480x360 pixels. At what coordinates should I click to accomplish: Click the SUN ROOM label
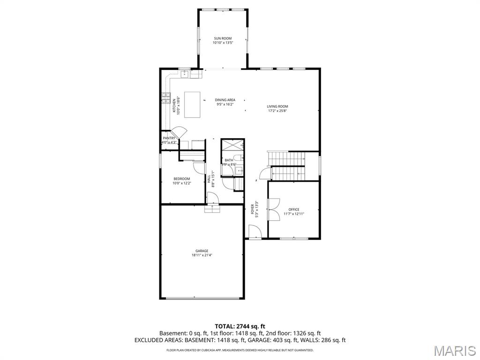click(x=223, y=38)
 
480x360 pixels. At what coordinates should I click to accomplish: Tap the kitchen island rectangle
click(x=192, y=105)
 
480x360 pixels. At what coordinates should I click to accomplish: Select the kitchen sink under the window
click(x=185, y=74)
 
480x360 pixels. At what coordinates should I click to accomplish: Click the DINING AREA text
click(x=225, y=100)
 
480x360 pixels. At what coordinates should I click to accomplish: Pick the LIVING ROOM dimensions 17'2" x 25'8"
click(x=277, y=111)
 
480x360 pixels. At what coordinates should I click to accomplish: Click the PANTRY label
click(x=169, y=138)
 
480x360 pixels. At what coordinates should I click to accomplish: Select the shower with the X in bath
click(x=232, y=144)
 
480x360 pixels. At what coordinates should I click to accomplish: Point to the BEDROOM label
click(x=181, y=179)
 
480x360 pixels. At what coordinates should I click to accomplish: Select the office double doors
click(x=272, y=210)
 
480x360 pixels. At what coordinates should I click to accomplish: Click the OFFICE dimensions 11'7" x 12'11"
click(x=294, y=214)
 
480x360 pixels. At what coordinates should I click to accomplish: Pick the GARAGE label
click(x=202, y=251)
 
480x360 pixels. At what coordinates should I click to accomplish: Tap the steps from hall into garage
click(x=212, y=210)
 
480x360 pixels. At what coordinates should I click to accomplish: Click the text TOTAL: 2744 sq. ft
click(x=240, y=326)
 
